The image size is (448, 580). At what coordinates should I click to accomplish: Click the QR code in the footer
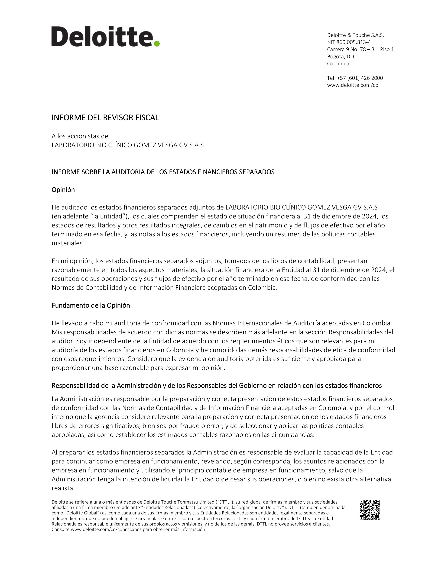(x=370, y=510)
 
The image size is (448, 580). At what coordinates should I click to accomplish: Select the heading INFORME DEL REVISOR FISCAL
(x=105, y=118)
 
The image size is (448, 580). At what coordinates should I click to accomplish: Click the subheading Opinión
(x=63, y=190)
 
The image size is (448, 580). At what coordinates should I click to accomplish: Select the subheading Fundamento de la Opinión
(x=91, y=305)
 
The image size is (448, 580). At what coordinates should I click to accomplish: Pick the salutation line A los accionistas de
(x=80, y=136)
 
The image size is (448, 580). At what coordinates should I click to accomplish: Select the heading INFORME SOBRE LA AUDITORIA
(x=163, y=172)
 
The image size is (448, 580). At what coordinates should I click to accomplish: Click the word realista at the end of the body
(x=63, y=488)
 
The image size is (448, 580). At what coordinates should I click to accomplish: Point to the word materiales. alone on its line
(x=68, y=243)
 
